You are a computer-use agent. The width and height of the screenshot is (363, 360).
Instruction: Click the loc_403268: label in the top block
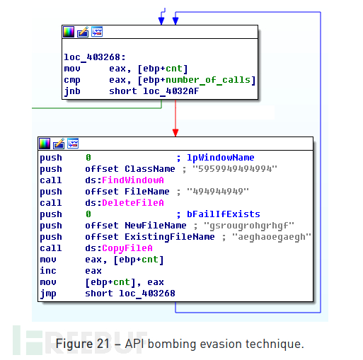[95, 57]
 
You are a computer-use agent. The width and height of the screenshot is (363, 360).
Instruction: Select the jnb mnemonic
[72, 91]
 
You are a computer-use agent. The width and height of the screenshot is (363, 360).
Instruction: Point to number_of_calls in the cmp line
[208, 80]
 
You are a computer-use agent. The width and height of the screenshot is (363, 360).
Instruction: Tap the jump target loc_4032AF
[171, 91]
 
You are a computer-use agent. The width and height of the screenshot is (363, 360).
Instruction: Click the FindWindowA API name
[133, 180]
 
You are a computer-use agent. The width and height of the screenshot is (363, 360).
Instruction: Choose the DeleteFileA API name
[133, 203]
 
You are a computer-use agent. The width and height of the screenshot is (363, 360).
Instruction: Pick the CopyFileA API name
[127, 248]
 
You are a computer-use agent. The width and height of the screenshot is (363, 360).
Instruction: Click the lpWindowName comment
[221, 158]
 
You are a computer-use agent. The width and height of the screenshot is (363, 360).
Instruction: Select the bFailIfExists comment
[224, 214]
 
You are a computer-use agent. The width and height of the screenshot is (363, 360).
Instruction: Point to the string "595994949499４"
[235, 169]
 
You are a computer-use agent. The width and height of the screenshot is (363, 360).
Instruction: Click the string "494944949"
[218, 192]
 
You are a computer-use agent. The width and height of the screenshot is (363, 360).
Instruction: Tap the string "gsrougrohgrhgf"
[249, 226]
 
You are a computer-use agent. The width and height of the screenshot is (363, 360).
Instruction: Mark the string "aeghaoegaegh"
[272, 237]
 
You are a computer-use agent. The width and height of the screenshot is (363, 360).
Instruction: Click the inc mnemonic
[48, 271]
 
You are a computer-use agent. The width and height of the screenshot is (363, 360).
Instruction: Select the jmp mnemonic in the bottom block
[48, 294]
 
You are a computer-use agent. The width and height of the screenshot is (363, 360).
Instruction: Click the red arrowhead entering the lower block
[175, 133]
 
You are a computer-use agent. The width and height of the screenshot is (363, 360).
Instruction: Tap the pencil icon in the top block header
[83, 32]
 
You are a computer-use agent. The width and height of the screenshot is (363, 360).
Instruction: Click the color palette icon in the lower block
[45, 144]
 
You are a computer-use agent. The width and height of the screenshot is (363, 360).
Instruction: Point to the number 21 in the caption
[103, 344]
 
